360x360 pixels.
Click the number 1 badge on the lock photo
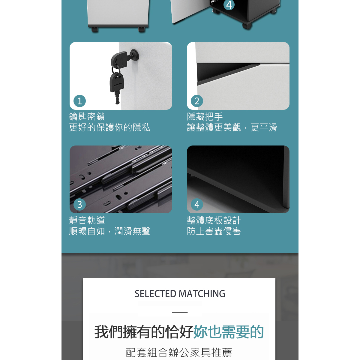[x=79, y=101]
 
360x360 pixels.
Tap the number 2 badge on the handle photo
[x=197, y=101]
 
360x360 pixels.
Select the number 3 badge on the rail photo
[x=79, y=204]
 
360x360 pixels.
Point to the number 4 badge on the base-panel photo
[x=197, y=204]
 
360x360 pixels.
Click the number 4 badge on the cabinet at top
[x=229, y=5]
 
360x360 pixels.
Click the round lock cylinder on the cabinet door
[x=135, y=54]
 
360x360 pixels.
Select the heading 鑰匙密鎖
[x=87, y=117]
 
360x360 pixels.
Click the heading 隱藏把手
[x=205, y=117]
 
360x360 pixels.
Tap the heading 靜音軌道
[x=87, y=220]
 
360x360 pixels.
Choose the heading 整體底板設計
[x=214, y=220]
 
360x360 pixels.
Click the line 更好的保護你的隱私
[x=109, y=127]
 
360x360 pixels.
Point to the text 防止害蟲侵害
[x=214, y=231]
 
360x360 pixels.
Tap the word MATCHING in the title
[x=202, y=294]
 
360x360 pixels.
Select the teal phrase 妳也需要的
[x=228, y=332]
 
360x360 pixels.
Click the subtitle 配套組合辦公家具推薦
[x=179, y=352]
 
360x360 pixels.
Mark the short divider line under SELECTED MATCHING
[x=180, y=312]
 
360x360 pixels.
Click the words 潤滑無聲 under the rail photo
[x=132, y=231]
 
